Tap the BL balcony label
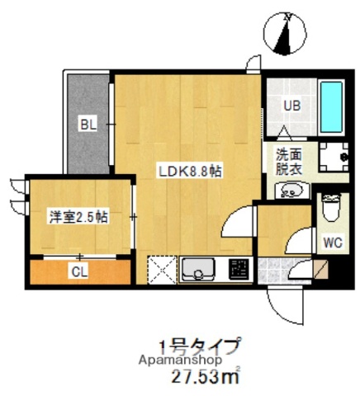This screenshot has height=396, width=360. [88, 125]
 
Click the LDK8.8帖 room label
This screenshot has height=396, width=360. [190, 172]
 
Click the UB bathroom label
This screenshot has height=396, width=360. [292, 106]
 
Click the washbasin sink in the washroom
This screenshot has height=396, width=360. [289, 191]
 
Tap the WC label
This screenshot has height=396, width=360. [332, 243]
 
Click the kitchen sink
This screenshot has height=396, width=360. [198, 269]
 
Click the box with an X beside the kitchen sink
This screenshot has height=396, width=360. [162, 269]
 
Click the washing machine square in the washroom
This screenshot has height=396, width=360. [336, 157]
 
